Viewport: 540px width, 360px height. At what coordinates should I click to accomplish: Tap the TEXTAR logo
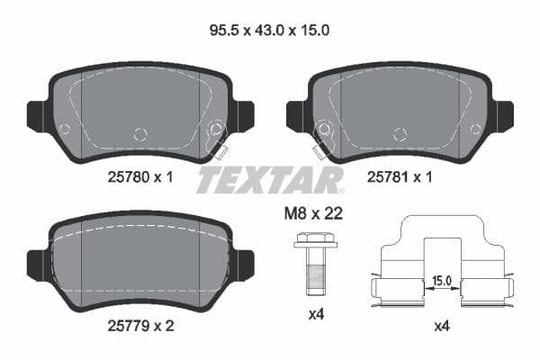pos(270,179)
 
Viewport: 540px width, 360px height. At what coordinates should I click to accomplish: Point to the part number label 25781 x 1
pos(400,177)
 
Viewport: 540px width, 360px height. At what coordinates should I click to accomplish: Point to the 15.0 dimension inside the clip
pos(441,280)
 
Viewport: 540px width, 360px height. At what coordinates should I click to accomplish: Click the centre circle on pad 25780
pos(139,134)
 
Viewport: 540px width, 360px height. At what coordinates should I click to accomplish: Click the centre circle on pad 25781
pos(399,134)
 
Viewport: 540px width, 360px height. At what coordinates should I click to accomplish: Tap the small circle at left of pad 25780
pos(64,129)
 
